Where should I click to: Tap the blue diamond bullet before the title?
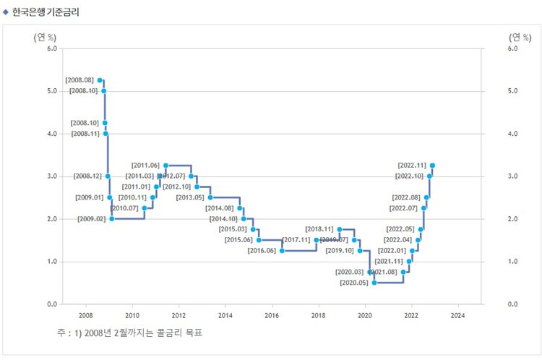(7, 12)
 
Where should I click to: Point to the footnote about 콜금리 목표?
(131, 333)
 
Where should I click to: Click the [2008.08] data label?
(79, 80)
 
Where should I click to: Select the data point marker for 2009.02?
(111, 218)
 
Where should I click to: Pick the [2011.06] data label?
(146, 166)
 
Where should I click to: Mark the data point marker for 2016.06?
(282, 251)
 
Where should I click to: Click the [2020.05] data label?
(354, 283)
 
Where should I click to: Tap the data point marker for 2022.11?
(432, 166)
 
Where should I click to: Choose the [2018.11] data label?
(319, 229)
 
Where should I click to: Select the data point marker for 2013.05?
(210, 197)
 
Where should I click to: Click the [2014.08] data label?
(220, 208)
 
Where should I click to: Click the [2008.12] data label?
(89, 176)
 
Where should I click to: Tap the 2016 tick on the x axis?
(272, 316)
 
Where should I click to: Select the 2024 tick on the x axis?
(457, 316)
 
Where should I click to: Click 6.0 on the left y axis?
(52, 48)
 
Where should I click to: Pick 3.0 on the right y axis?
(514, 176)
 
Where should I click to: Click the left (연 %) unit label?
(46, 37)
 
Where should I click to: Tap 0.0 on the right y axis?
(514, 304)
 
